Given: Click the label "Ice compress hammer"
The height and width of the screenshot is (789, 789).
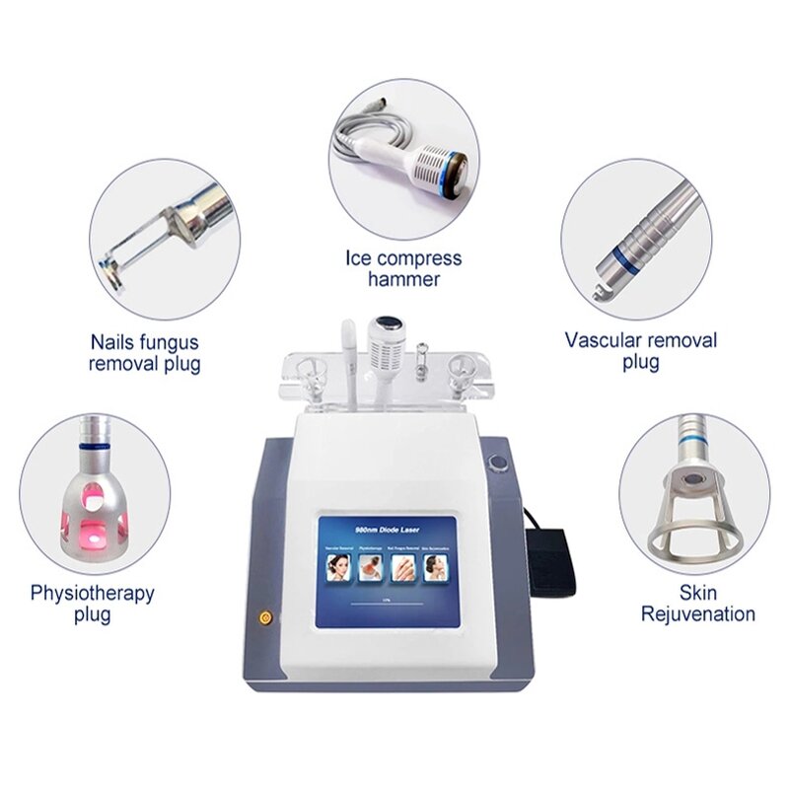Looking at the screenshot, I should tap(402, 268).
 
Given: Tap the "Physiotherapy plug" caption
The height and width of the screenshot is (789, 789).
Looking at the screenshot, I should tap(92, 604).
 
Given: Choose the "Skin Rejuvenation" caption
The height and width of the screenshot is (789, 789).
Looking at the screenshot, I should tap(698, 603).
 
